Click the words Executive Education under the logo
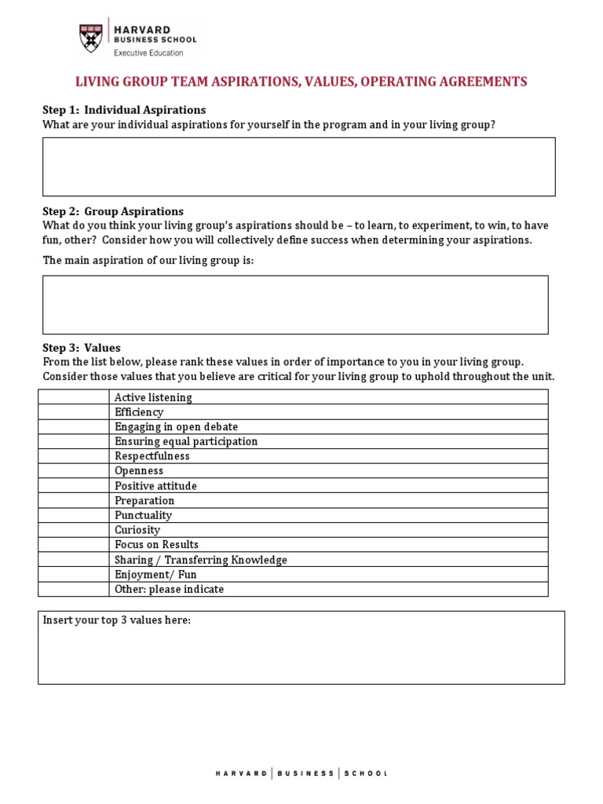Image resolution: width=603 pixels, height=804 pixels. [x=148, y=53]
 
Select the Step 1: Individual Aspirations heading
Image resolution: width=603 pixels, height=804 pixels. [x=124, y=110]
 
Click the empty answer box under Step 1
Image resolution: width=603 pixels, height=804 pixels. [x=298, y=166]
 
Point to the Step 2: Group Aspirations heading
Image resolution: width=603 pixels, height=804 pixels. [x=113, y=211]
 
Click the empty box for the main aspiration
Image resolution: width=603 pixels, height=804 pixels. [x=295, y=305]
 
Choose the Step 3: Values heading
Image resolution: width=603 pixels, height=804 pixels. [x=82, y=348]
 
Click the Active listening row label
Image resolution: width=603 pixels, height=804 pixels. [x=153, y=397]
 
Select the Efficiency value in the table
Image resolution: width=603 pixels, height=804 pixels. [x=139, y=412]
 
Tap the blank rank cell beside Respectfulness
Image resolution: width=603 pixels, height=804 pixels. [x=74, y=456]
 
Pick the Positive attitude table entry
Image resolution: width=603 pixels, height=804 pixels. [x=155, y=486]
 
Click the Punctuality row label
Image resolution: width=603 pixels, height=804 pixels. [x=143, y=515]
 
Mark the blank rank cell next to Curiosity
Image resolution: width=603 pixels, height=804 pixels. [x=74, y=530]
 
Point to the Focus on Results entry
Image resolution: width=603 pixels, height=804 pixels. [x=156, y=545]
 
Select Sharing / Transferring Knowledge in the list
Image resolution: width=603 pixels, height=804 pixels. [x=201, y=560]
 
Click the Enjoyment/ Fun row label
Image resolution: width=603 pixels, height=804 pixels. [x=155, y=575]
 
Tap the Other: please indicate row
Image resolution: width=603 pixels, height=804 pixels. [x=169, y=589]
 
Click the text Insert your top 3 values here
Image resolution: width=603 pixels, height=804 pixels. [x=117, y=620]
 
